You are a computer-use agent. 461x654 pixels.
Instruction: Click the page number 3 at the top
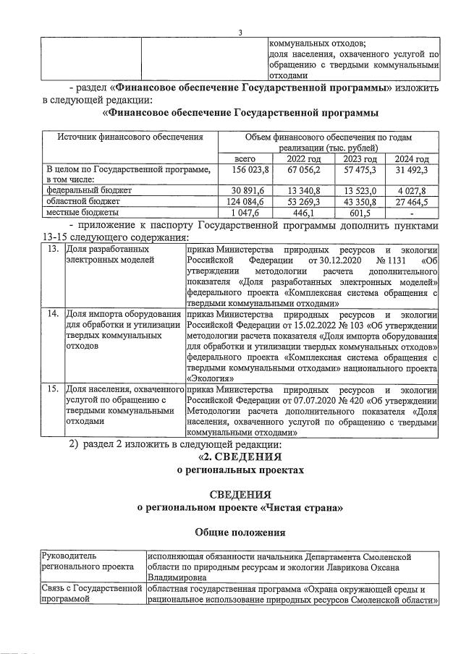tap(240, 31)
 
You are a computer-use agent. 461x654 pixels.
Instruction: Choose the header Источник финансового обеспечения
tap(121, 137)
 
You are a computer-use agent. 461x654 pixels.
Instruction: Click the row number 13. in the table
tap(52, 249)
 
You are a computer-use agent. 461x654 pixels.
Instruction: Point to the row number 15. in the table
tap(52, 390)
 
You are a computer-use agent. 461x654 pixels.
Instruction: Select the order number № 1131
tap(376, 259)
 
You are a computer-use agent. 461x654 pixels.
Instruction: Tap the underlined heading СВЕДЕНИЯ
tap(240, 494)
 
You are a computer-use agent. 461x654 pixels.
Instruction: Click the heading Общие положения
tap(240, 532)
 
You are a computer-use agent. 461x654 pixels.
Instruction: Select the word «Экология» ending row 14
tap(210, 377)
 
